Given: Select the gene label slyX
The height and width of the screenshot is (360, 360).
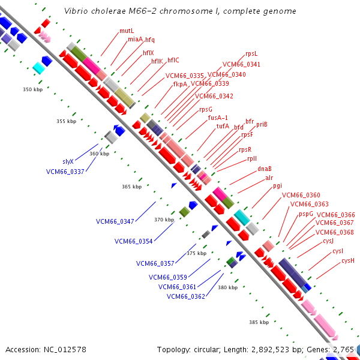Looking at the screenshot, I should point(68,161).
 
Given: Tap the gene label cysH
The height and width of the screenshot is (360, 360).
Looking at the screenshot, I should point(348,260).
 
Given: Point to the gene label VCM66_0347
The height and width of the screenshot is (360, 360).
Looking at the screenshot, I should point(115,221).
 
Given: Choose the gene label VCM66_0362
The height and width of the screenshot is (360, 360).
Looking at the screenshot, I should point(186,296).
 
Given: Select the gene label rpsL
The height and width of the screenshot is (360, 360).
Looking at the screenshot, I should point(252,54).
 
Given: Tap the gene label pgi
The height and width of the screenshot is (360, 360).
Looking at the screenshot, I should point(277,185).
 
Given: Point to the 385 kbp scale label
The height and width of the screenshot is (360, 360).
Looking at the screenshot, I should point(259,322).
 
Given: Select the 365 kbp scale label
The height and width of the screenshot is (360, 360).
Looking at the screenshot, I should point(131,187).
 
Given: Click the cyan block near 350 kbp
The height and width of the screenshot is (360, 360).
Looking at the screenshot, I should point(39,68).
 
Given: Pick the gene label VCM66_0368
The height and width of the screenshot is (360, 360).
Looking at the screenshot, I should point(334,232).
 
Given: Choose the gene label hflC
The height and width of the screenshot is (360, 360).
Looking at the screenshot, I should point(173,60).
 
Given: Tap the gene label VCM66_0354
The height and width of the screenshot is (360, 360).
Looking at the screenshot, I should point(133,241).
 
